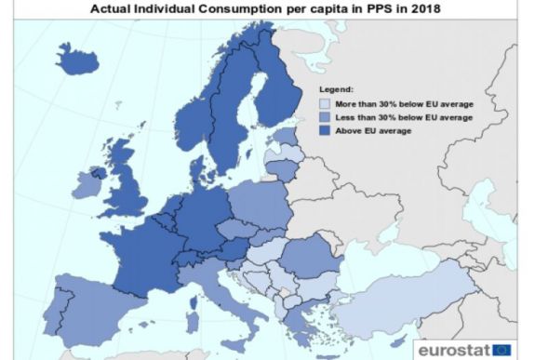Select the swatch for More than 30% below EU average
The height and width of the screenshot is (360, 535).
point(325,104)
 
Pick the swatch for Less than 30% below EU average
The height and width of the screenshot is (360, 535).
point(325,117)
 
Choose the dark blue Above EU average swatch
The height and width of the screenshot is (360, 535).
point(325,130)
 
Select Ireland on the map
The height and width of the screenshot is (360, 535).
point(87,186)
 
